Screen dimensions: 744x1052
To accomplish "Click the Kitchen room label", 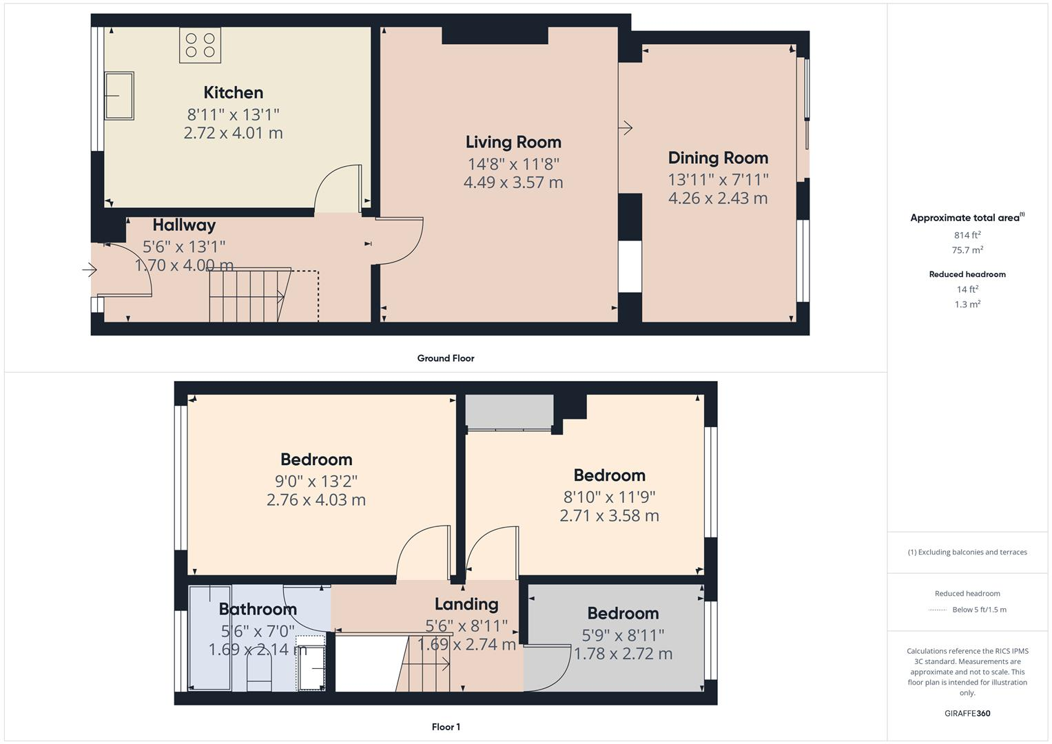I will (x=233, y=92).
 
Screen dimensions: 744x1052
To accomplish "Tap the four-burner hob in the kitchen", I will (x=200, y=45).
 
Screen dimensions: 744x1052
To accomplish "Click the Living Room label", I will (x=513, y=142).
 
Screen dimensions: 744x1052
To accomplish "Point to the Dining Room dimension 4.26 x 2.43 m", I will (x=718, y=198).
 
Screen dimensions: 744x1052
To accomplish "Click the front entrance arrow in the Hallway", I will (x=90, y=270).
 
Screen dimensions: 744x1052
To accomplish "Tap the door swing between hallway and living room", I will (x=400, y=241).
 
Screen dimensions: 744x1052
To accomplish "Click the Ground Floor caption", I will (x=445, y=358).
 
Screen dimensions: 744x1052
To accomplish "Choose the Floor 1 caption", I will (x=445, y=727).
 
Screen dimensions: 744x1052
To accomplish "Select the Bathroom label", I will (x=258, y=609).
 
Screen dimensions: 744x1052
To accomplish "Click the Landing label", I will (x=466, y=604).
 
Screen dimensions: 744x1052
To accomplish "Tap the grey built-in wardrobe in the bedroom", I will (x=509, y=412).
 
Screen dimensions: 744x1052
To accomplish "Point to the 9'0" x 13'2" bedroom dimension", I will (x=316, y=481).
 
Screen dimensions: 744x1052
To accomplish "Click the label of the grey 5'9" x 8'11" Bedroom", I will (x=623, y=613).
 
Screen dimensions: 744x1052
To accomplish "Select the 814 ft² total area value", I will (x=967, y=235).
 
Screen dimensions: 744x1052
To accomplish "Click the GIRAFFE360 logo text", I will (x=967, y=713).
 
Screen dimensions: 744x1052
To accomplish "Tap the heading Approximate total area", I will (x=966, y=218).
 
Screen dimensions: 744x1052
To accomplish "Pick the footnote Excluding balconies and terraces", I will (x=967, y=552).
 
